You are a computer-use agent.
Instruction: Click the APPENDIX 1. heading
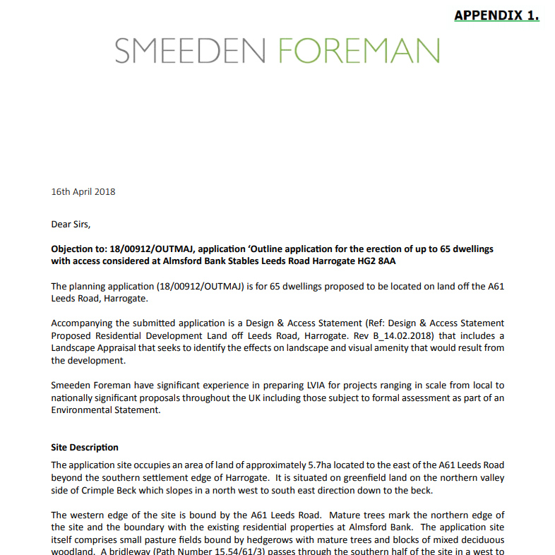click(496, 15)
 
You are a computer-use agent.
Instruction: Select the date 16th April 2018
click(83, 191)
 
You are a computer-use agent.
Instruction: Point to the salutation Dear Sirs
click(71, 225)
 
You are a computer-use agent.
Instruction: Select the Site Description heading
click(85, 447)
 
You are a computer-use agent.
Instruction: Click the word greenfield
click(340, 478)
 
